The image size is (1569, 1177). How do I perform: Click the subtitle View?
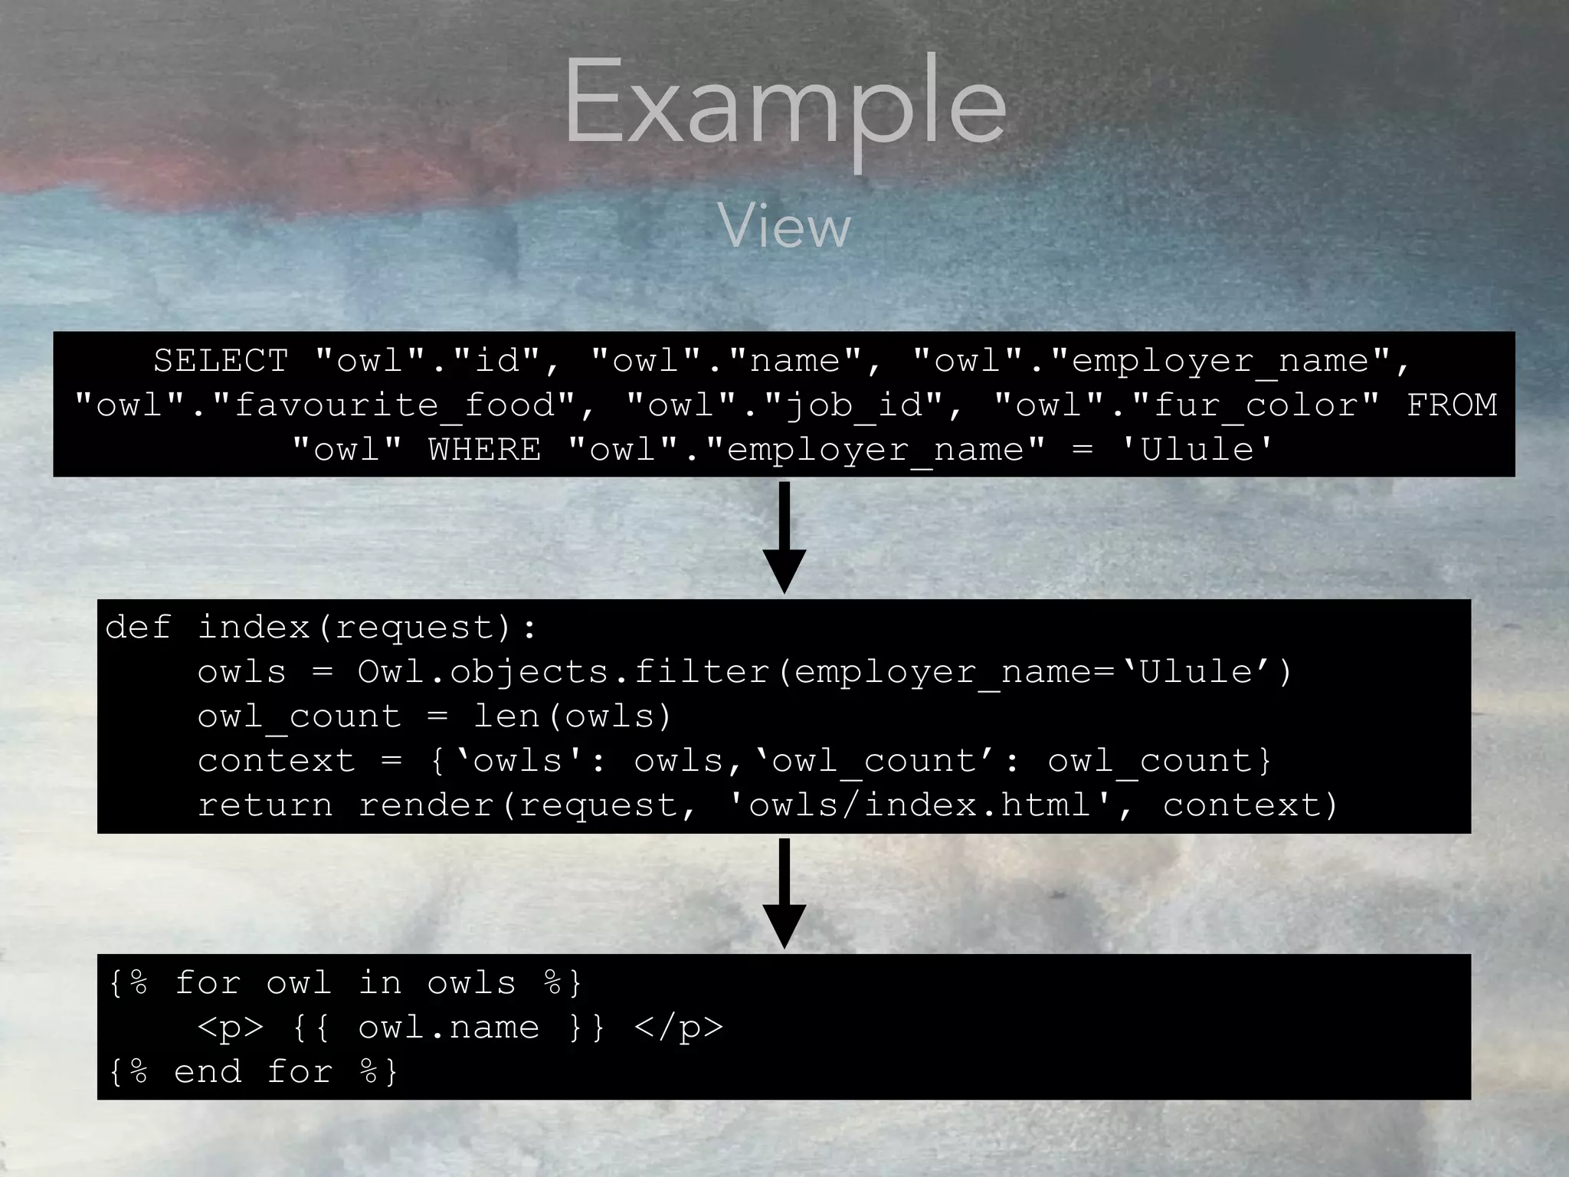click(x=784, y=227)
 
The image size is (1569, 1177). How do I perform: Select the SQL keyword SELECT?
click(x=221, y=361)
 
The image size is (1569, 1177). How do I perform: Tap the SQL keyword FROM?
click(x=1451, y=405)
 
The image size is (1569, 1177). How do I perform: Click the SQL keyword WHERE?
click(x=484, y=450)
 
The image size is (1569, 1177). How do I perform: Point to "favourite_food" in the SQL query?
click(x=395, y=405)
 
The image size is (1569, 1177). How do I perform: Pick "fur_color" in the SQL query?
click(x=1256, y=405)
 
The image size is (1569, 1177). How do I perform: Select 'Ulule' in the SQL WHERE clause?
click(x=1197, y=450)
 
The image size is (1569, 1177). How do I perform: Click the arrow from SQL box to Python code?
click(x=784, y=537)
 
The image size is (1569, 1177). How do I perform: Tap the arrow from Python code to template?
click(x=784, y=893)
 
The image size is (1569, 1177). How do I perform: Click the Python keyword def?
click(x=138, y=628)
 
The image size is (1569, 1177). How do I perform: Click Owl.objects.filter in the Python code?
click(x=563, y=672)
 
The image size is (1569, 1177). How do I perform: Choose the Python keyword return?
click(x=265, y=805)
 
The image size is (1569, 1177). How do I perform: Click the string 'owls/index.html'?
click(x=919, y=805)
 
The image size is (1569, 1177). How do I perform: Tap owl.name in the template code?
click(x=448, y=1028)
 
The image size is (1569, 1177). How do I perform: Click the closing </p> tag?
click(x=679, y=1028)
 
